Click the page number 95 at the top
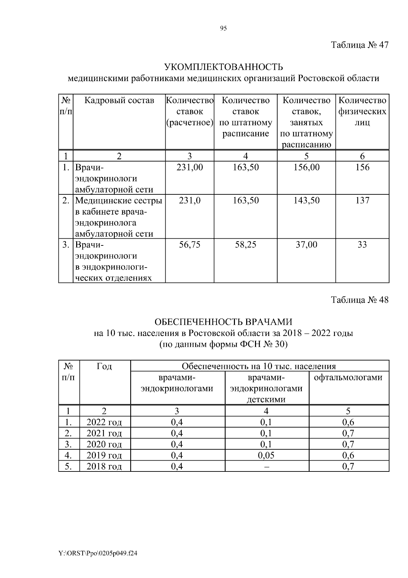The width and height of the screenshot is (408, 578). point(223,29)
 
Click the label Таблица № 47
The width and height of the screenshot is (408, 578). point(359,45)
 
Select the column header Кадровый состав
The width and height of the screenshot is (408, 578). point(119,100)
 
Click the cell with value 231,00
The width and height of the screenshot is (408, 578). point(189,167)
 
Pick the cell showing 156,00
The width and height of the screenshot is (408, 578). point(306,167)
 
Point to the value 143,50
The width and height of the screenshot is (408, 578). point(306,200)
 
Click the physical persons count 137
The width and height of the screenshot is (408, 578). point(362,200)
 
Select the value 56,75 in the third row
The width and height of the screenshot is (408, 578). point(189,245)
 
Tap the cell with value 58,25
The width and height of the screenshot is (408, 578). point(245,245)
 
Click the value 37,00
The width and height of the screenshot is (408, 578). point(306,245)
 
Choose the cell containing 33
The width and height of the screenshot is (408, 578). point(362,245)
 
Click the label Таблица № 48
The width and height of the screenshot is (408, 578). point(359,300)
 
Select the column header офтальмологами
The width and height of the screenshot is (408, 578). point(348,378)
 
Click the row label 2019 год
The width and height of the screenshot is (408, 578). point(104,455)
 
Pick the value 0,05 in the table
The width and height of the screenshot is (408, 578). point(266,455)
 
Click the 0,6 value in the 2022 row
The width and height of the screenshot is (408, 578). point(348,422)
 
